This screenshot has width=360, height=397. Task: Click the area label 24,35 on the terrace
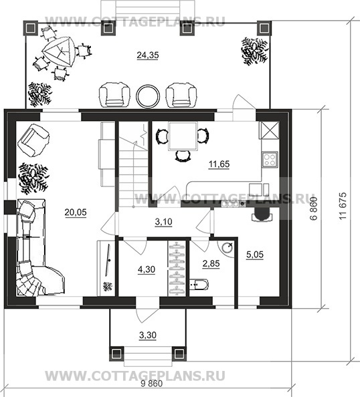148,55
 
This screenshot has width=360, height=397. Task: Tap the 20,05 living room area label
76,212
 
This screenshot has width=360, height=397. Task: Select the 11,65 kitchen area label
219,164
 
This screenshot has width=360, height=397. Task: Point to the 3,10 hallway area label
163,222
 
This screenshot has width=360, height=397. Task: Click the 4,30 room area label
147,269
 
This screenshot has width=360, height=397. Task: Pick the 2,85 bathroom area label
211,263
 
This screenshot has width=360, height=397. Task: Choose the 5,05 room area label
255,255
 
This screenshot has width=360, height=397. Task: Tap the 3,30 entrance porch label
148,336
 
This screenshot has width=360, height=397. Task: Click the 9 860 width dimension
152,384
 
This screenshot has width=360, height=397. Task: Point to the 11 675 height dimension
342,206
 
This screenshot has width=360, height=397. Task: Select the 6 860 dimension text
313,209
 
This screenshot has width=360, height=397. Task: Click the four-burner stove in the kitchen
270,160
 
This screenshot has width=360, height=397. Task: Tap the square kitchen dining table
183,136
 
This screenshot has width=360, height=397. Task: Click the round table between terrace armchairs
148,96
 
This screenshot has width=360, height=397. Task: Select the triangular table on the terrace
59,53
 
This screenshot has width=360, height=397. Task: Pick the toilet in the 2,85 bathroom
199,285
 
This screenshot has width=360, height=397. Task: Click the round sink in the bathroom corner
227,247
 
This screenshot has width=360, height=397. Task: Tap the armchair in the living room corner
33,140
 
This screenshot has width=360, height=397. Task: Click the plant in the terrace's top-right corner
254,51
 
